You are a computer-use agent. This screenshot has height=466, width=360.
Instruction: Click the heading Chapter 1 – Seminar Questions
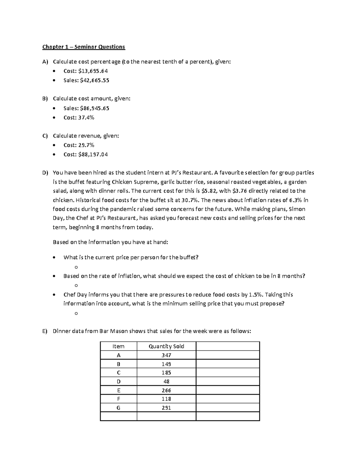83,47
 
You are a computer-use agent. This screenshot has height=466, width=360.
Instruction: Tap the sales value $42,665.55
94,80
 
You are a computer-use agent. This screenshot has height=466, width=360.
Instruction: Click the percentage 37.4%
86,118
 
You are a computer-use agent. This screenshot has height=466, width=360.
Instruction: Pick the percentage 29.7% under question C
86,145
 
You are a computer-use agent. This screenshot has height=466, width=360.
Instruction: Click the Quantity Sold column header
166,346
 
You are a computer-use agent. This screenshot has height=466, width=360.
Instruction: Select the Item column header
118,346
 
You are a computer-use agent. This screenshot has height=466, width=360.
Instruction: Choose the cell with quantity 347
166,355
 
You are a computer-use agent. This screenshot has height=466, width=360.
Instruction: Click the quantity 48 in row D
166,382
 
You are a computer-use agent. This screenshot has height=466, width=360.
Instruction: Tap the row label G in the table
118,408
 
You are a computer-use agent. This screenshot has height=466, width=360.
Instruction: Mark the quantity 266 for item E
166,390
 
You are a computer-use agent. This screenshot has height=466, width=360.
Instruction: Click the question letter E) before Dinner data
45,331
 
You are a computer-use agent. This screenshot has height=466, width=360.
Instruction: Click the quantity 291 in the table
166,408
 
